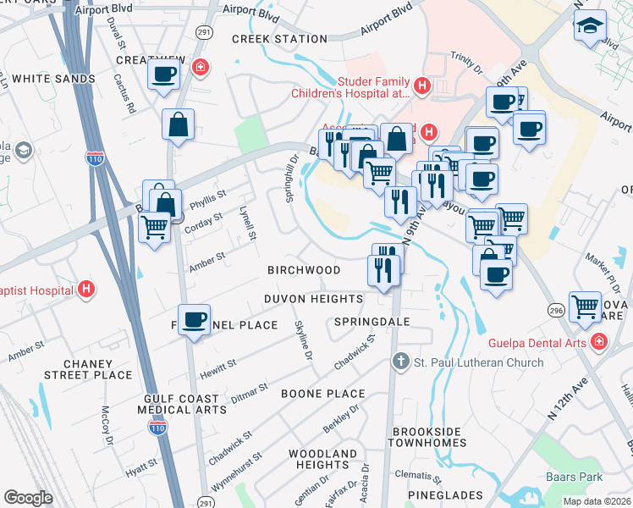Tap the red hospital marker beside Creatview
coord(201,67)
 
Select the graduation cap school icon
coord(589,26)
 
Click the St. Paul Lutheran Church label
coord(477,362)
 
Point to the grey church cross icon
coord(402,362)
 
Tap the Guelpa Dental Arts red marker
coord(598,342)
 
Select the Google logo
coord(28,497)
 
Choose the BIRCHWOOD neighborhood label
coord(304,270)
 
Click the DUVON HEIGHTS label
coord(314,299)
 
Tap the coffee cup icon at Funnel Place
coord(195,320)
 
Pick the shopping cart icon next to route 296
coord(585,306)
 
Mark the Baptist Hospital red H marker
coord(85,290)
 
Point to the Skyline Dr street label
coord(303,339)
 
